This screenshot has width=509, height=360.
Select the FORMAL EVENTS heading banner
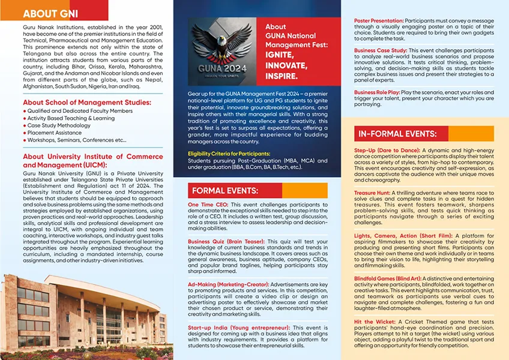tap(224, 191)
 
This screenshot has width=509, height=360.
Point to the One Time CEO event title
tap(208, 205)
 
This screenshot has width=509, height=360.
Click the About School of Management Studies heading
tap(87, 103)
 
